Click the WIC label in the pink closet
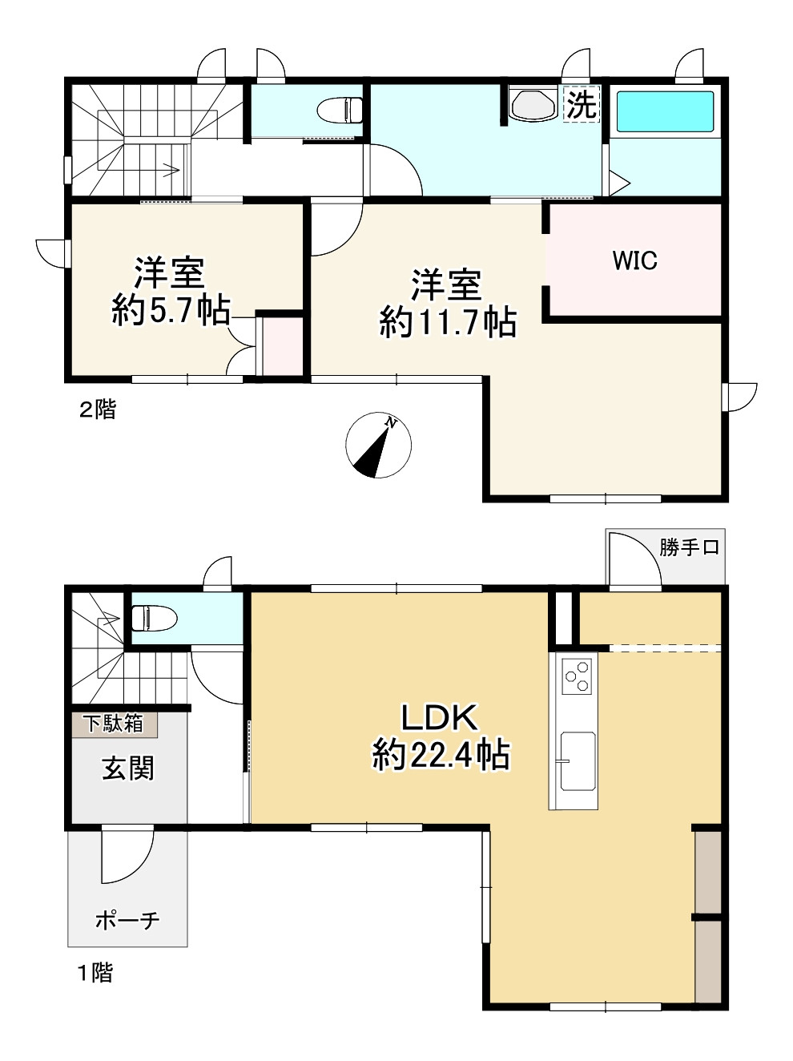[x=634, y=260]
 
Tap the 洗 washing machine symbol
[x=582, y=104]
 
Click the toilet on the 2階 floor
[x=340, y=111]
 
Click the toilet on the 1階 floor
[x=155, y=618]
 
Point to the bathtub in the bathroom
[x=665, y=111]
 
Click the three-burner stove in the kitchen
[x=577, y=676]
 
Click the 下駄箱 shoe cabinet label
[x=115, y=724]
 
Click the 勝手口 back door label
[x=689, y=547]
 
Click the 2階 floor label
[x=98, y=410]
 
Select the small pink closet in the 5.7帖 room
[x=283, y=345]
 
